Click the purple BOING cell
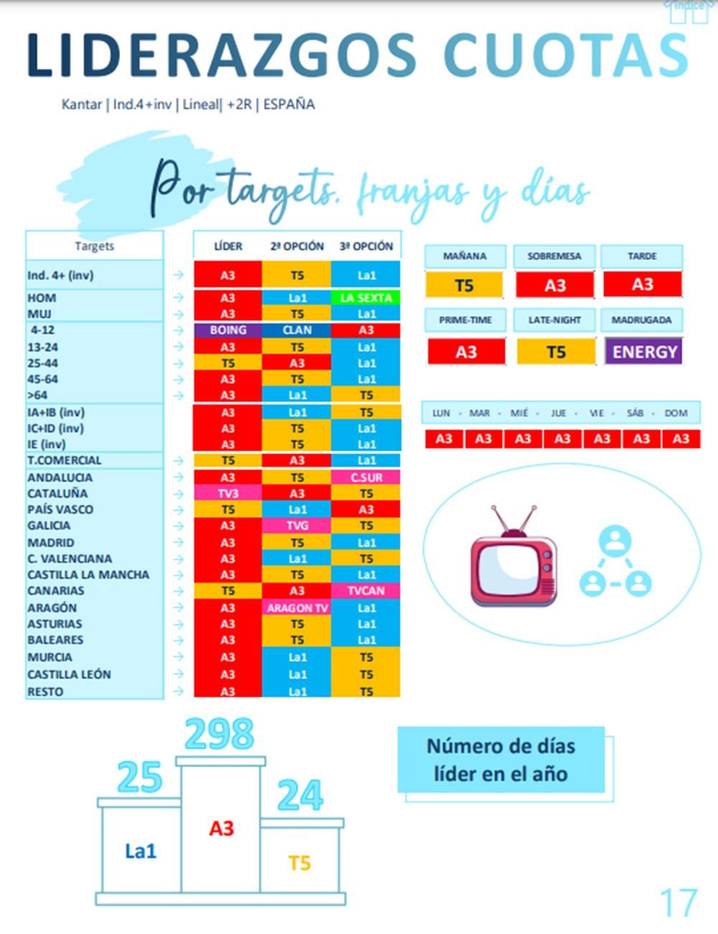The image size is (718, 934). coord(228,330)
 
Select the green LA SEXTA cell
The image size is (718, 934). coord(366,297)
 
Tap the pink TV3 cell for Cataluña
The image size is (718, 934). coord(228,494)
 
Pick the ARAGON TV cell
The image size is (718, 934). coord(297,608)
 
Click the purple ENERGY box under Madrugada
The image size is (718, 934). coord(644,352)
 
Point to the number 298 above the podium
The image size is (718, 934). coord(220,734)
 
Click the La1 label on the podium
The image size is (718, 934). coord(140,851)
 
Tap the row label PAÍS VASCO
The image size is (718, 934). coord(60,509)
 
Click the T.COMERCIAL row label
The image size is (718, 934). coord(65,461)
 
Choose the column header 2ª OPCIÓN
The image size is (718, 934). coord(297,246)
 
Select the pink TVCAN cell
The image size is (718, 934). coord(366,591)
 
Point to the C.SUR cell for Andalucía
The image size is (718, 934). coord(366,478)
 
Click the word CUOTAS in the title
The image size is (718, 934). coord(566,55)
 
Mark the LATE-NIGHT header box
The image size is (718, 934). coord(554,320)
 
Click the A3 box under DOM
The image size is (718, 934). coord(681,439)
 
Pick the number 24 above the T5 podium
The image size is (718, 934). coord(299,796)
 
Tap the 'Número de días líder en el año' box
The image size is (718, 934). coord(501,760)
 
